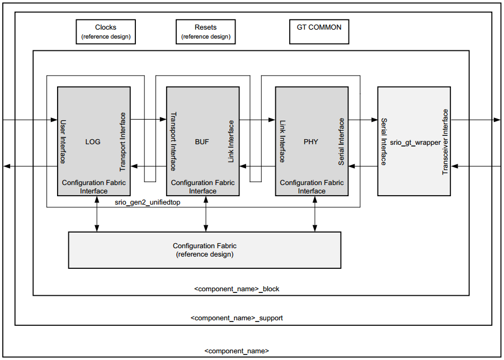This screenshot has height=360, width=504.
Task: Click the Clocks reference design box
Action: [x=106, y=32]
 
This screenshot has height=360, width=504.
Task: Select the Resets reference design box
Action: [x=205, y=32]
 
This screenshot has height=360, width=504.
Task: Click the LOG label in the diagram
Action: [x=93, y=141]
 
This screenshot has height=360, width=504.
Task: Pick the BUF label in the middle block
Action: [x=202, y=141]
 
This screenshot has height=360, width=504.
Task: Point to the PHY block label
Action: [x=311, y=141]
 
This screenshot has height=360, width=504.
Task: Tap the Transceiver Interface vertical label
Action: [x=445, y=142]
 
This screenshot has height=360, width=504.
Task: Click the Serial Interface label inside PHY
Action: [x=341, y=141]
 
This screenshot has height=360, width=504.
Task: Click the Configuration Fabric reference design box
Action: [x=204, y=250]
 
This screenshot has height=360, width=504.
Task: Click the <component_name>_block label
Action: [x=237, y=289]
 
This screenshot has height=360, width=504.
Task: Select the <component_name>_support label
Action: [x=237, y=318]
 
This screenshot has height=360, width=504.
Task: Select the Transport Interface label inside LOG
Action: [x=123, y=141]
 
